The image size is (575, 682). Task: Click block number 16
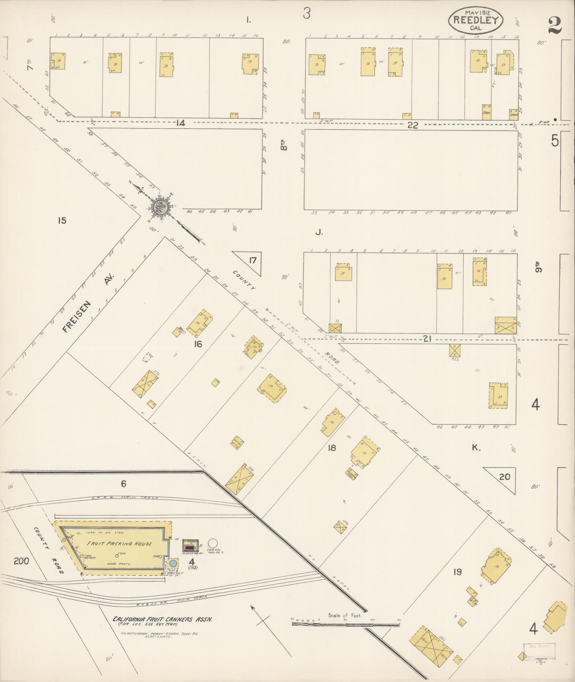198,344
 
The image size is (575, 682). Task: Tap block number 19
457,572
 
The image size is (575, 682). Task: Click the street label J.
319,233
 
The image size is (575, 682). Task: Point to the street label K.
476,448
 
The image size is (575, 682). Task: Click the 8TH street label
283,147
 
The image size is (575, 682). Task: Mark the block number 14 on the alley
181,124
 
